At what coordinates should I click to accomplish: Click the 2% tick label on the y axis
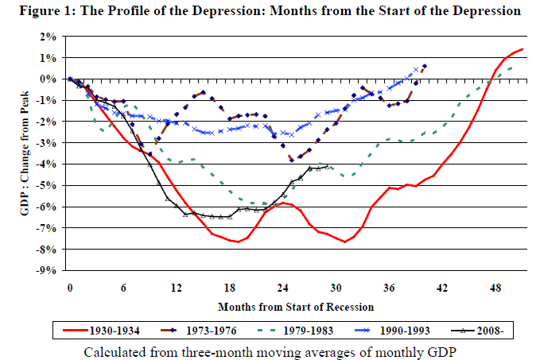click(50, 37)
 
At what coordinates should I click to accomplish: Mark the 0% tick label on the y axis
click(50, 79)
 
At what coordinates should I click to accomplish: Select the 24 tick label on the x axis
click(283, 288)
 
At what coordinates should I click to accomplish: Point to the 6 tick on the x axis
click(124, 288)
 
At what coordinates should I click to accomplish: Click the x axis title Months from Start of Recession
click(296, 306)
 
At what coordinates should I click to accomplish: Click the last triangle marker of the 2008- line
click(328, 166)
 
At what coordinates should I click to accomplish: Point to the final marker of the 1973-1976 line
click(425, 66)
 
